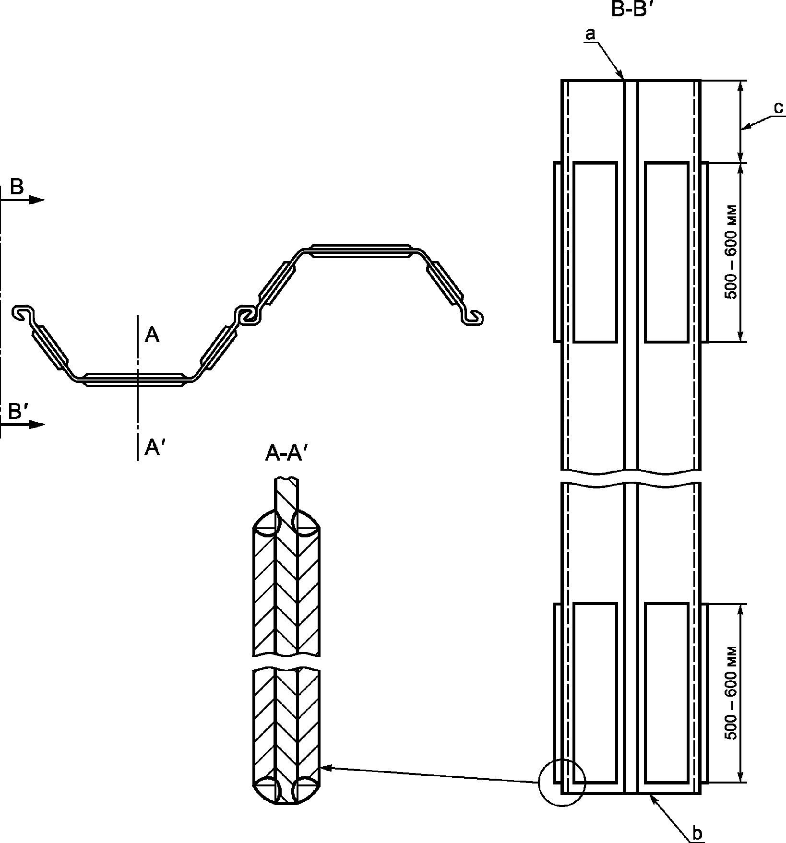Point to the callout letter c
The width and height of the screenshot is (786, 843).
coord(779,108)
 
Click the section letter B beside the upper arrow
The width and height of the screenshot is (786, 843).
coord(17,187)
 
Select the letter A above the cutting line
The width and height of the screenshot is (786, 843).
coord(152,335)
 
